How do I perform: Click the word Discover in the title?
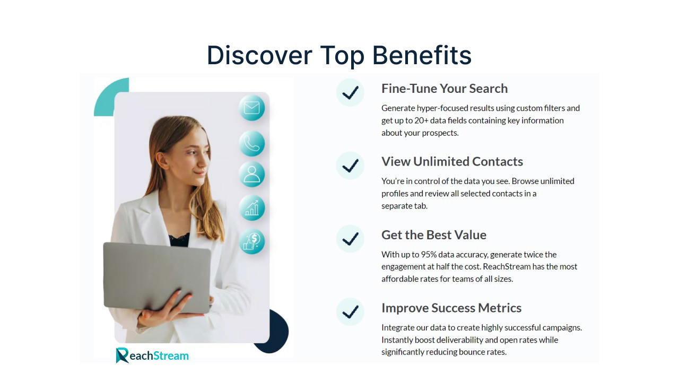(x=259, y=55)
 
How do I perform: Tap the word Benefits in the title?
(x=422, y=55)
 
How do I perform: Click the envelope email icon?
(x=251, y=108)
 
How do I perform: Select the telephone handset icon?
(x=251, y=143)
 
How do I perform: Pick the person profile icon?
(x=251, y=175)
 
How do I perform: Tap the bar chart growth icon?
(x=251, y=208)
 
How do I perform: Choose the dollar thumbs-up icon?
(x=251, y=241)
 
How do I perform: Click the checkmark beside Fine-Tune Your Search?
(x=350, y=92)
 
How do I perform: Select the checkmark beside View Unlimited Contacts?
(x=350, y=166)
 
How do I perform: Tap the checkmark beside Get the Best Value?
(x=350, y=239)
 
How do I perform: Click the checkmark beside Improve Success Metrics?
(x=350, y=311)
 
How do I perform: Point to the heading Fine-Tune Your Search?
(x=445, y=89)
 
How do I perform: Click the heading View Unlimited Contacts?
(x=452, y=162)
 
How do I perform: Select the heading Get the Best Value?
(x=434, y=235)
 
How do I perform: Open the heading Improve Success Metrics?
(x=451, y=308)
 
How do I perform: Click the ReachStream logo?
(x=152, y=355)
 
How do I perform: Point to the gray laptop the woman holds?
(x=156, y=277)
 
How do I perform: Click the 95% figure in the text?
(x=429, y=254)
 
